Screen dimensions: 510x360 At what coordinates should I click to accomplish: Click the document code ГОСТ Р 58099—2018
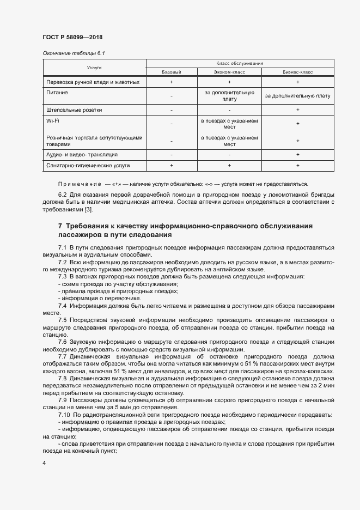[72, 37]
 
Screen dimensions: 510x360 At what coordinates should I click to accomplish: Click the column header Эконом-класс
[229, 72]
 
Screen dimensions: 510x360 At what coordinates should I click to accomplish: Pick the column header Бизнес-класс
[297, 72]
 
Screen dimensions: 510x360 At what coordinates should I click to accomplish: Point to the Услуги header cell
[94, 68]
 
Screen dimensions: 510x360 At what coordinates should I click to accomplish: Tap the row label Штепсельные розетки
[75, 110]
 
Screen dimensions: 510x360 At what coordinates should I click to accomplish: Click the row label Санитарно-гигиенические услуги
[88, 165]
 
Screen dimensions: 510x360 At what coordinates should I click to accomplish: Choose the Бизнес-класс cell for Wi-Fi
[297, 123]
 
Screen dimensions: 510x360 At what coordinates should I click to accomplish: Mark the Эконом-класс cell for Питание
[229, 96]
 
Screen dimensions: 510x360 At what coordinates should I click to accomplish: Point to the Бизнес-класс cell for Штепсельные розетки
[297, 110]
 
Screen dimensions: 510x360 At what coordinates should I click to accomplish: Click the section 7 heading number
[60, 226]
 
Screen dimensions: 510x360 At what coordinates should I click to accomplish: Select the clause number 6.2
[62, 195]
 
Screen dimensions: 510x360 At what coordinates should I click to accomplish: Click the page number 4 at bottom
[44, 463]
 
